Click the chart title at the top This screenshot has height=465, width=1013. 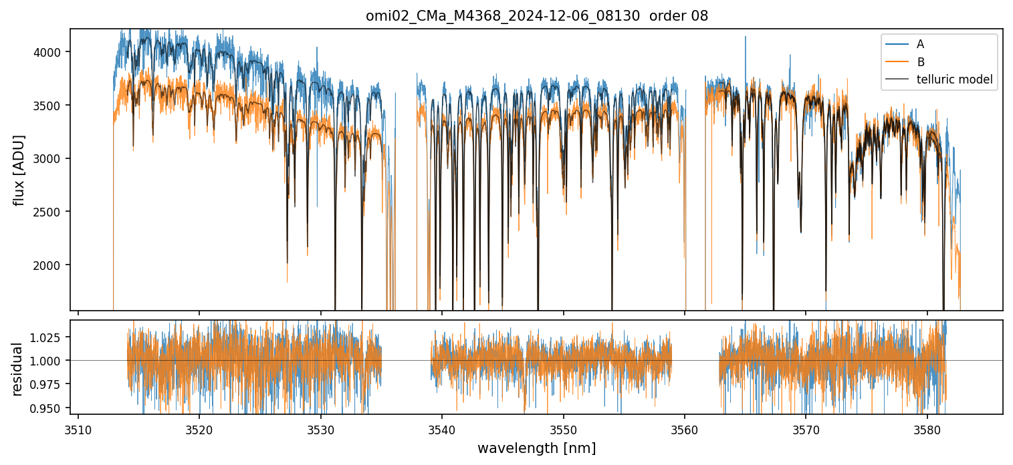tap(536, 16)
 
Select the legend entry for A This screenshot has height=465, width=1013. tap(920, 44)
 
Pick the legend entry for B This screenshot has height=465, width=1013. tap(920, 62)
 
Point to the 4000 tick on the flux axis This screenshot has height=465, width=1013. tap(50, 52)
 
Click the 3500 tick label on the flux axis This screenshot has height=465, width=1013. tap(50, 106)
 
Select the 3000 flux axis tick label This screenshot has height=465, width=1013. tap(50, 159)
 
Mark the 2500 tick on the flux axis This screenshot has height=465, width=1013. tap(50, 212)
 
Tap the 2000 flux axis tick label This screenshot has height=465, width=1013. tap(50, 265)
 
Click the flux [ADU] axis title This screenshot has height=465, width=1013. tap(19, 170)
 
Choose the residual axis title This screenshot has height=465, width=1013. tap(18, 369)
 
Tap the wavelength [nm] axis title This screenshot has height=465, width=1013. tap(536, 448)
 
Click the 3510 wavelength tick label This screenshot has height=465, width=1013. tap(78, 429)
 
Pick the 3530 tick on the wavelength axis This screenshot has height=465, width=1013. tap(321, 429)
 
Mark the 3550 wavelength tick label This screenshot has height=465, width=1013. tap(564, 429)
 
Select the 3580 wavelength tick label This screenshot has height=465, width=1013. tap(927, 429)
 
